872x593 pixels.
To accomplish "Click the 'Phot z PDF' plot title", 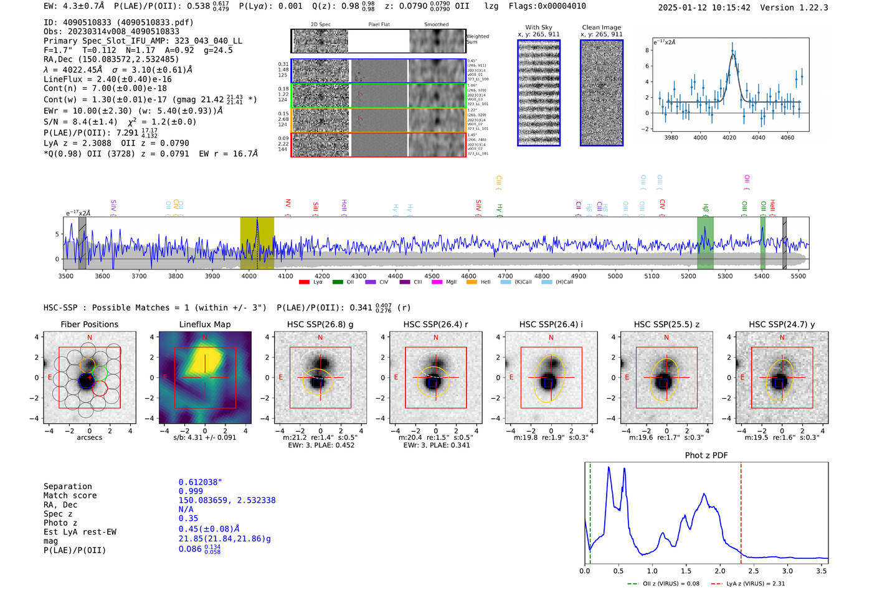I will point(706,455).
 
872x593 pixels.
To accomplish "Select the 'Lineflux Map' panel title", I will point(204,324).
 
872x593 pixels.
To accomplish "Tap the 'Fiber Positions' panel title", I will point(89,324).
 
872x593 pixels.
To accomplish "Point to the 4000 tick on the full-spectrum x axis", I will point(249,276).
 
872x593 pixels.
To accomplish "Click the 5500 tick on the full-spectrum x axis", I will point(799,276).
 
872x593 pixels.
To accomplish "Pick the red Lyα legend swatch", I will point(304,282).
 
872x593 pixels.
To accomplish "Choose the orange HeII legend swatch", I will point(472,282).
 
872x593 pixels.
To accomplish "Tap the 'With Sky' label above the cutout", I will point(538,27).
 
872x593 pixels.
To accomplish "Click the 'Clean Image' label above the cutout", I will point(601,27).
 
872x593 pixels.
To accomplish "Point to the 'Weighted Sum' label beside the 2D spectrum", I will point(477,39).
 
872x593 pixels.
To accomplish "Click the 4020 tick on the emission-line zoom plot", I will point(729,138).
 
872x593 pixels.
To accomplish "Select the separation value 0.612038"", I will point(200,482).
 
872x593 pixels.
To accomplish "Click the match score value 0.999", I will point(191,491).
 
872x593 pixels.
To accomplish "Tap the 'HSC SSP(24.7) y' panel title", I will point(782,324).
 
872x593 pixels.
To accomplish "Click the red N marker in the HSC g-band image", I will point(320,338).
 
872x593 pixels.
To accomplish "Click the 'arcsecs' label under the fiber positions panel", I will point(89,437).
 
